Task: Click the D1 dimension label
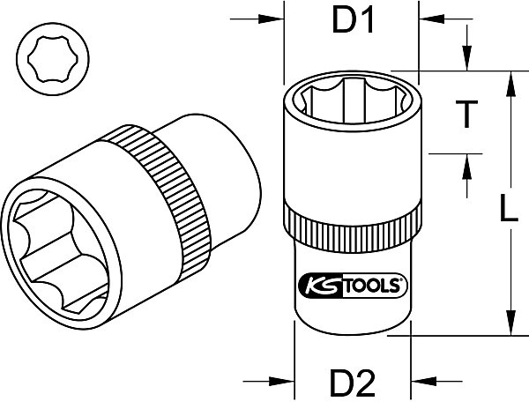tap(353, 20)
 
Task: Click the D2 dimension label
tap(353, 383)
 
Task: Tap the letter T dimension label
tap(466, 114)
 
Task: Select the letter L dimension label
tap(508, 208)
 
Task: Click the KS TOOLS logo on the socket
tap(353, 286)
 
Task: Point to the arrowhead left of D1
tap(271, 19)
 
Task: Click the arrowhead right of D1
tap(431, 19)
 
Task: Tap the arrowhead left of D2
tap(281, 382)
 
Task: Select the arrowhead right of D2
tap(424, 382)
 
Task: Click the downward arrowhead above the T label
tap(467, 58)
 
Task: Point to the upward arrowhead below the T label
tap(467, 167)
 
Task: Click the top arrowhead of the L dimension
tap(511, 85)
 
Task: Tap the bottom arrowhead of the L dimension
tap(511, 323)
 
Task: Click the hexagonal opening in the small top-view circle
tap(53, 59)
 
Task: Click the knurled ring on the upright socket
tap(353, 229)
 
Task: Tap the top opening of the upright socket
tap(353, 100)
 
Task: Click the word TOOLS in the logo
tap(371, 286)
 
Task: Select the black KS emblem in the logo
tap(321, 286)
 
